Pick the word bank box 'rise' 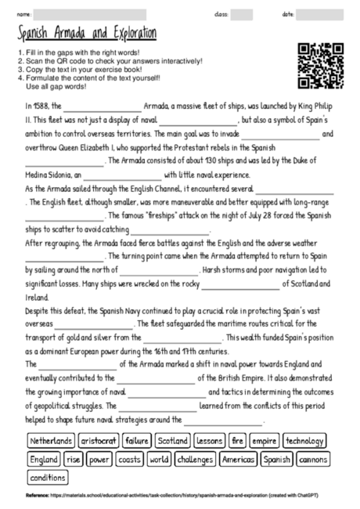coord(74,459)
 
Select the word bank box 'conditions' coord(48,477)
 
